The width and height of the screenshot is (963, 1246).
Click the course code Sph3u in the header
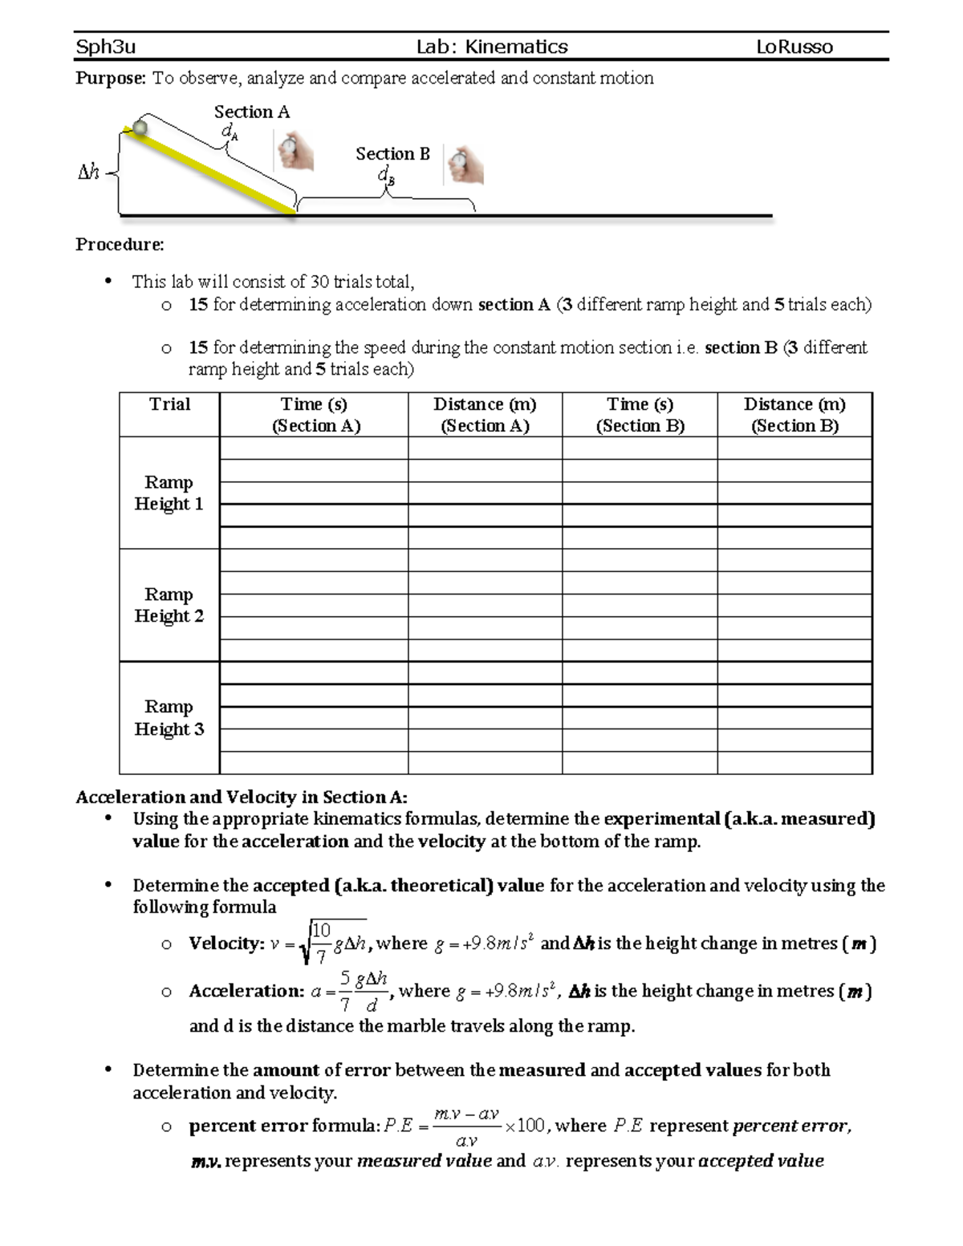click(105, 47)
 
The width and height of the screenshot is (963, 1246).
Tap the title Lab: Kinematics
click(491, 47)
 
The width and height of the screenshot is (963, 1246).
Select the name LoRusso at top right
click(794, 47)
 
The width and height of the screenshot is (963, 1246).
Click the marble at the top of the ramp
click(140, 127)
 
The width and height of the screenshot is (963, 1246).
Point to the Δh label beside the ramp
click(88, 172)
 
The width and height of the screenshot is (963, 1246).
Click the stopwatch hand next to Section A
click(295, 151)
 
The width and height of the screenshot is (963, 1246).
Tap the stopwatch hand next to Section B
click(465, 166)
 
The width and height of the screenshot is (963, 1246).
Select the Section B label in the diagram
click(392, 153)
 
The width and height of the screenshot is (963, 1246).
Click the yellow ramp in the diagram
click(213, 172)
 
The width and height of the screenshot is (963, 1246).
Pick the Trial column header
click(169, 404)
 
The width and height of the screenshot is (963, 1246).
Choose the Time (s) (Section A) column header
click(314, 415)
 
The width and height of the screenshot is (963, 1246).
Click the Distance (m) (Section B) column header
click(794, 415)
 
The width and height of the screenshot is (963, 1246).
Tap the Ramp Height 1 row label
click(169, 493)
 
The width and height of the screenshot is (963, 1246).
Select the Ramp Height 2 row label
click(169, 605)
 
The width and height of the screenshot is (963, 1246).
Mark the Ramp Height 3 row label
click(169, 717)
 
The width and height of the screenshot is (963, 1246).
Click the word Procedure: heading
click(120, 245)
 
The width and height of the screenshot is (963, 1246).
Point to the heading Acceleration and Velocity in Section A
click(242, 797)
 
